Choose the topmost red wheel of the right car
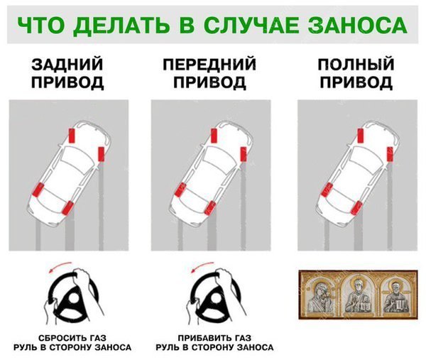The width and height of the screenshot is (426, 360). [x=359, y=133]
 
